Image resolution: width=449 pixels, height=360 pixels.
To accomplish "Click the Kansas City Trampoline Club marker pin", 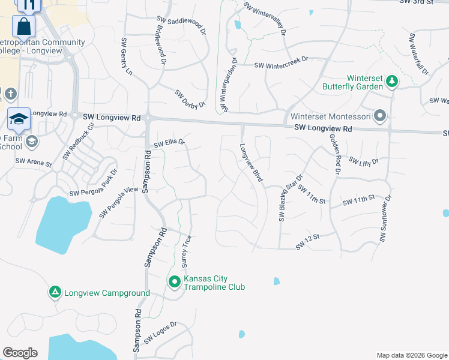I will [x=175, y=281].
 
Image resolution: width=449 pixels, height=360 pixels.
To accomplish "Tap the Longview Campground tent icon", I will [x=55, y=292].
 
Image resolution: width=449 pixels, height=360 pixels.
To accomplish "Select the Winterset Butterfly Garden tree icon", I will [x=391, y=80].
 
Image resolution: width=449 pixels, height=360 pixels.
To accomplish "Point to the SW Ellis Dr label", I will [x=169, y=143].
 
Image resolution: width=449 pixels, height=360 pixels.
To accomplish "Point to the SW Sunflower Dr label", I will [x=385, y=218].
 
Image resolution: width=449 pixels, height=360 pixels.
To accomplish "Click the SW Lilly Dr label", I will [x=364, y=162].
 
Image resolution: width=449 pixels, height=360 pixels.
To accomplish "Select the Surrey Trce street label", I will [x=186, y=251].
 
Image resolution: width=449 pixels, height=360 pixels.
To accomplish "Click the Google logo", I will [x=20, y=353].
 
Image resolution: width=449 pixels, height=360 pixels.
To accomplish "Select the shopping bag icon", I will [x=24, y=27].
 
